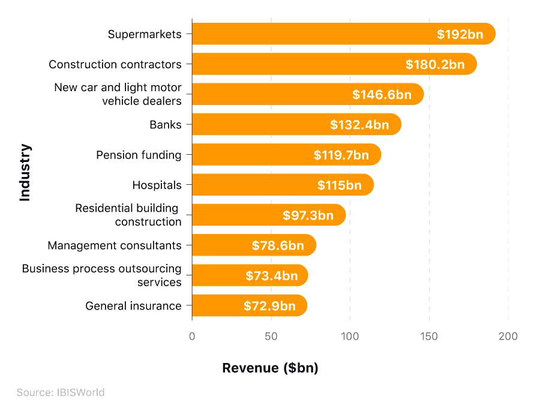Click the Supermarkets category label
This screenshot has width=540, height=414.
144,34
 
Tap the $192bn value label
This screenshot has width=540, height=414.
460,34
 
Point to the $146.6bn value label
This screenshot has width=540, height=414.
382,95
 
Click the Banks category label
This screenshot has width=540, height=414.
165,125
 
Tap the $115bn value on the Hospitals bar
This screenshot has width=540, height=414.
340,185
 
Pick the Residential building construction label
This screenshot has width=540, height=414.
128,215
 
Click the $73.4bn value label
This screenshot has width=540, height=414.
272,276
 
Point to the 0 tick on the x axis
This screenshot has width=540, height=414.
192,337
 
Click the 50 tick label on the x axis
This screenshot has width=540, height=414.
271,337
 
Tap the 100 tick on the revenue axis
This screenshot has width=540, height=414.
350,337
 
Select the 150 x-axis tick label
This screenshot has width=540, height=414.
429,337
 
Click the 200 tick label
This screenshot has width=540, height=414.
508,337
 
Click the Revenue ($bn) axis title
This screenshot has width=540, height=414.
270,368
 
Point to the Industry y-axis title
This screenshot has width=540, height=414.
25,172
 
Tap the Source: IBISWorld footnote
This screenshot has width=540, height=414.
61,392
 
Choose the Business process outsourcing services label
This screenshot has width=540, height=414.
101,275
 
